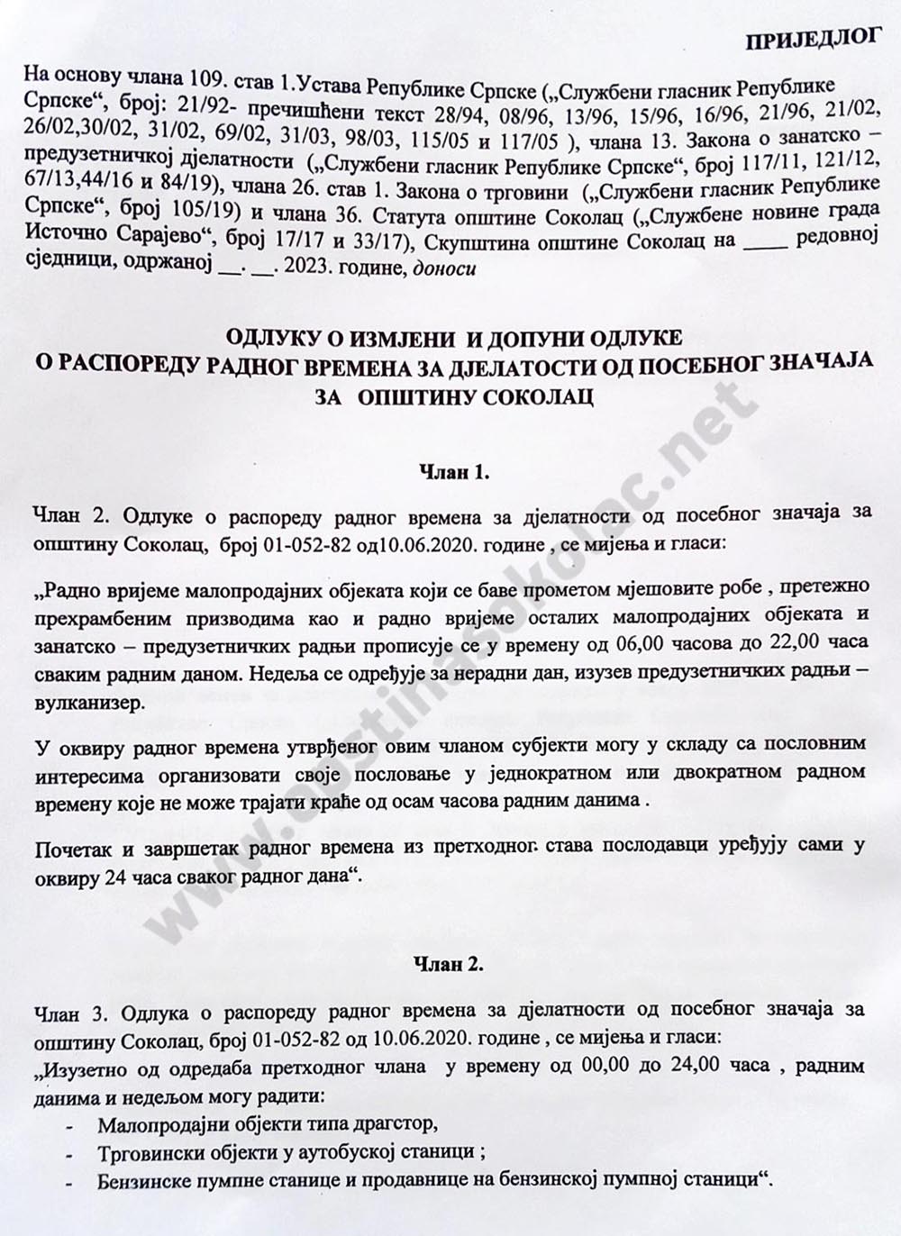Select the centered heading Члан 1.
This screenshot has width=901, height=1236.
click(x=455, y=473)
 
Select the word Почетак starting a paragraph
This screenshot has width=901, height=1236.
click(x=73, y=847)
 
